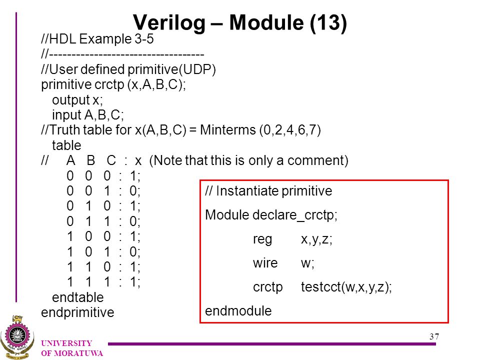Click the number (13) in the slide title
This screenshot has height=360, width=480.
click(x=328, y=23)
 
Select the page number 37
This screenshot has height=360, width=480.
click(x=434, y=336)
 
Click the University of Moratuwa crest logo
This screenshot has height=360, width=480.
click(x=17, y=337)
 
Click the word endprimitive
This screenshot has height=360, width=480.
click(x=77, y=312)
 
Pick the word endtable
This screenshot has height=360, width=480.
click(x=78, y=297)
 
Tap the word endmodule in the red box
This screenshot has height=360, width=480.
click(x=238, y=310)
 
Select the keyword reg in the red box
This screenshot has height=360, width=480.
click(x=262, y=239)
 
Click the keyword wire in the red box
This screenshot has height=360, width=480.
click(x=265, y=263)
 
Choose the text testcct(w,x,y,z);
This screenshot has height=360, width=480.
click(x=346, y=287)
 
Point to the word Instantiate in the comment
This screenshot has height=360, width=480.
click(x=247, y=190)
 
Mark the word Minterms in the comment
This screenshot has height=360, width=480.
click(x=228, y=130)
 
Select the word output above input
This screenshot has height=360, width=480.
click(x=70, y=100)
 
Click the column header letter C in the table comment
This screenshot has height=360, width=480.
click(x=111, y=160)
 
